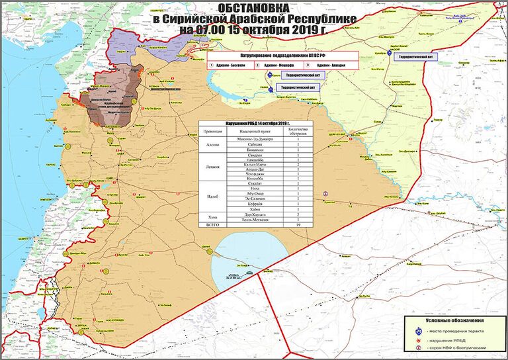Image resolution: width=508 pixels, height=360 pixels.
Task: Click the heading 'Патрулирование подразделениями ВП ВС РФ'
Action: pos(284,56)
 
